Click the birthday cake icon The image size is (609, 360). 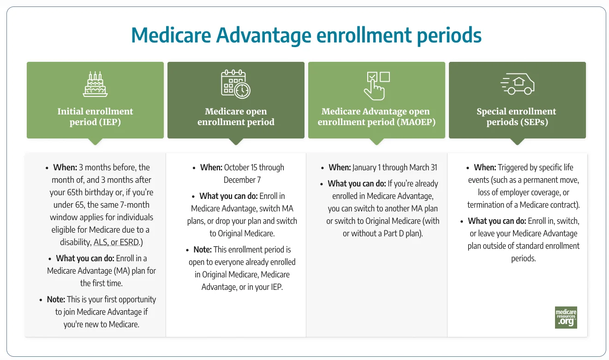pyautogui.click(x=95, y=84)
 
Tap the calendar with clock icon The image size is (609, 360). pyautogui.click(x=235, y=84)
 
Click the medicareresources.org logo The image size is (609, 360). pyautogui.click(x=566, y=317)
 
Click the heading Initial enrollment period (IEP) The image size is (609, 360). pyautogui.click(x=95, y=117)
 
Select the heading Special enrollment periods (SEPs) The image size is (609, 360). pyautogui.click(x=517, y=117)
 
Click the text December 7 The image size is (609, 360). pyautogui.click(x=242, y=180)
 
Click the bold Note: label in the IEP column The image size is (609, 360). pyautogui.click(x=56, y=300)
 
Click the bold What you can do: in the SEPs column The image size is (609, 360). pyautogui.click(x=497, y=221)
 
